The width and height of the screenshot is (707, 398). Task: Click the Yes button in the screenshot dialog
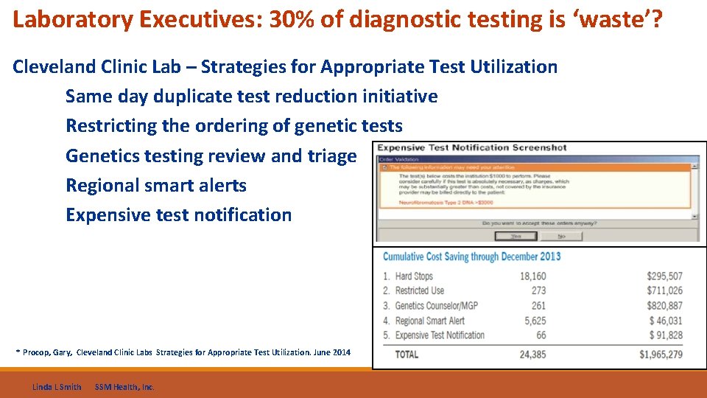516,237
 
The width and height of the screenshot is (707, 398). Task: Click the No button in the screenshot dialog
561,237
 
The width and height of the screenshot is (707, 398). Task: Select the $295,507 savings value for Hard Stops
664,276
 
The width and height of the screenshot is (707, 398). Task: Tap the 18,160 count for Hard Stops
532,276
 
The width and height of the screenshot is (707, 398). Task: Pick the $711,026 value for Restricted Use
664,291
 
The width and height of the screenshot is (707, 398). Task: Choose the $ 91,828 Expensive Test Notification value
666,335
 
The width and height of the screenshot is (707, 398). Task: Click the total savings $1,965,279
661,355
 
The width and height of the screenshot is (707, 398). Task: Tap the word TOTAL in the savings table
407,355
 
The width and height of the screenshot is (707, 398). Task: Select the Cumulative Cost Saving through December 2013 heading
471,256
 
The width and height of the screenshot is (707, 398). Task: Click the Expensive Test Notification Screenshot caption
472,148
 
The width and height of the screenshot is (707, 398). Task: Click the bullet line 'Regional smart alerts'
156,185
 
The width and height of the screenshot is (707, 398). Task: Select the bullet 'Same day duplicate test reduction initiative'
251,97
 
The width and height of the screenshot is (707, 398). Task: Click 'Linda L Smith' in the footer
57,387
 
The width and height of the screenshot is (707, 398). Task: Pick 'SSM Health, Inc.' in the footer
124,387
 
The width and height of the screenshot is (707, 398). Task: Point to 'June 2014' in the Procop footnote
332,352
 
